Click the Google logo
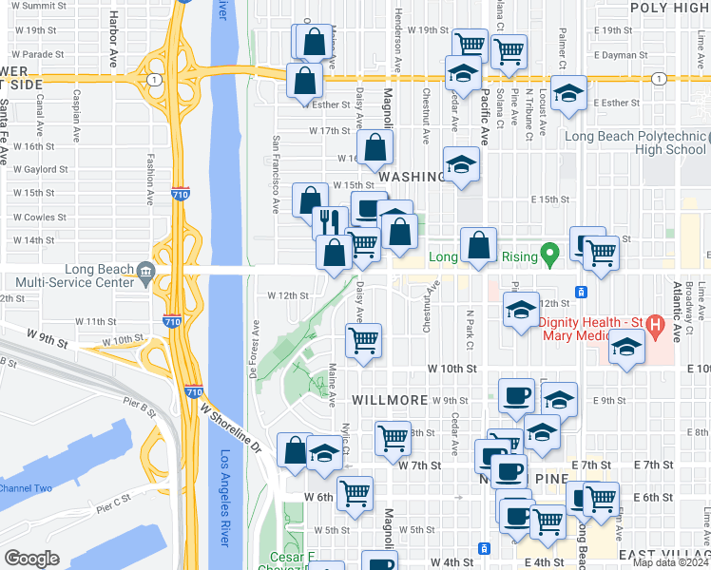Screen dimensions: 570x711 pyautogui.click(x=31, y=559)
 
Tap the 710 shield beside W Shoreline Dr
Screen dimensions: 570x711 pyautogui.click(x=193, y=390)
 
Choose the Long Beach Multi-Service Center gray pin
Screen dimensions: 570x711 pyautogui.click(x=144, y=273)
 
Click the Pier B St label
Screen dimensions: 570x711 pyautogui.click(x=139, y=410)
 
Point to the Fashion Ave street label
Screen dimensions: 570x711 pyautogui.click(x=150, y=180)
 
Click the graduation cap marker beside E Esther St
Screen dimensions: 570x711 pyautogui.click(x=568, y=93)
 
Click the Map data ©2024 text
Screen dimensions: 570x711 pyautogui.click(x=671, y=562)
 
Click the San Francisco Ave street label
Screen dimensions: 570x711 pyautogui.click(x=277, y=173)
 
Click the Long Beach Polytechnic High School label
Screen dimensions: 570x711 pyautogui.click(x=635, y=142)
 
